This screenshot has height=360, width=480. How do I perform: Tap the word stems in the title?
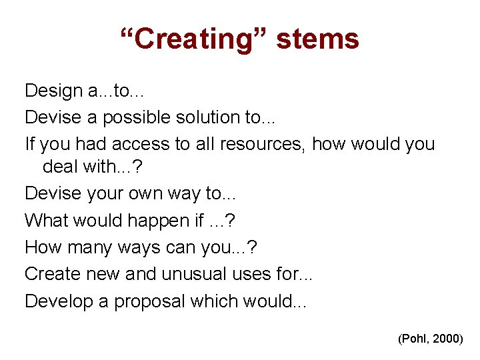[x=318, y=39]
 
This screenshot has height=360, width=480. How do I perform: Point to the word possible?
[x=137, y=118]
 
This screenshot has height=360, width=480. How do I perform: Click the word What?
[x=45, y=221]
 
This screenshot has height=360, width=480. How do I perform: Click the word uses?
[x=254, y=274]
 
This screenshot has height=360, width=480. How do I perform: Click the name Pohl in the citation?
[x=415, y=339]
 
